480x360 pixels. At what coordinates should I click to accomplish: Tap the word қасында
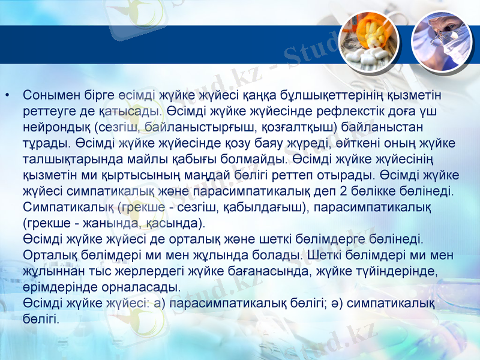coord(174,224)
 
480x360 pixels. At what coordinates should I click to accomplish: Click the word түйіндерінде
coord(389,271)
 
